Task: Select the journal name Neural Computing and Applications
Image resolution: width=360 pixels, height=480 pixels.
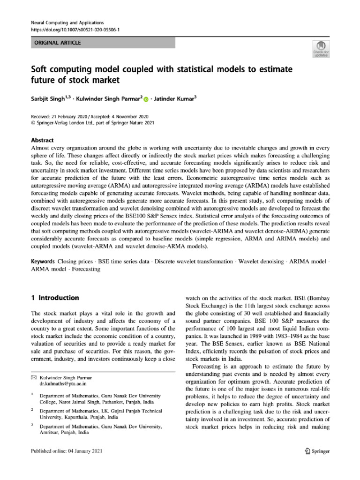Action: pos(67,22)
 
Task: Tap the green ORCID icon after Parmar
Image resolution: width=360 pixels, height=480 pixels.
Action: pos(145,99)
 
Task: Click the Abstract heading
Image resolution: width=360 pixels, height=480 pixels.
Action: pos(42,140)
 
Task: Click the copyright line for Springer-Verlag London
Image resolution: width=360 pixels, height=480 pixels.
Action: pos(91,123)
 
